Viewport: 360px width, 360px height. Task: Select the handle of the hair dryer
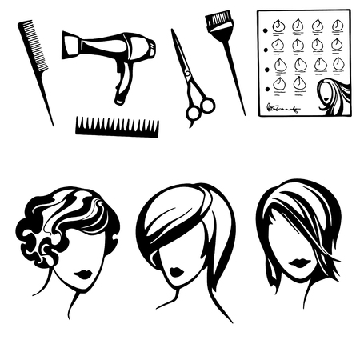(x=122, y=86)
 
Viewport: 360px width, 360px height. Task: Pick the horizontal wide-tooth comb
(x=117, y=126)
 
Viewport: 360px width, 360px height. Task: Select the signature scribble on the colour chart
(x=282, y=107)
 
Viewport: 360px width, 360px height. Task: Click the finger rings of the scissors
(x=200, y=109)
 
